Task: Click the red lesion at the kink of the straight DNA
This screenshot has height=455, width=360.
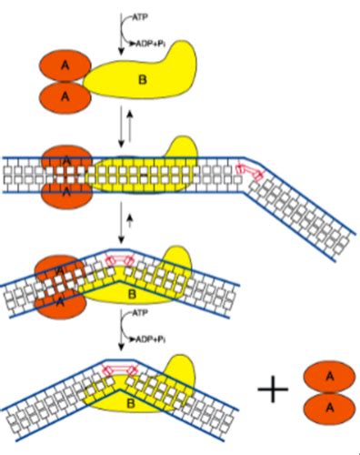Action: [245, 169]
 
